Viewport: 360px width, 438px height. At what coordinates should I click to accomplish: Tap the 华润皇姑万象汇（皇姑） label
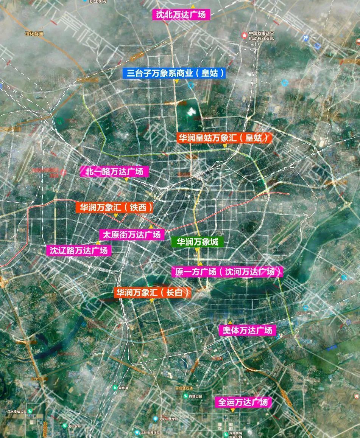click(225, 138)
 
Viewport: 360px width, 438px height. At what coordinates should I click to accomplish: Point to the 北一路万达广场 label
click(115, 172)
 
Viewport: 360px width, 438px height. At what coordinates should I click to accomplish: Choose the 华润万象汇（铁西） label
click(115, 207)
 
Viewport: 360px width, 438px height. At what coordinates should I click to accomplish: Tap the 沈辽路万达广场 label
click(79, 250)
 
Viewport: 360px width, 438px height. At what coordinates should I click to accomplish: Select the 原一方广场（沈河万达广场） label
click(227, 272)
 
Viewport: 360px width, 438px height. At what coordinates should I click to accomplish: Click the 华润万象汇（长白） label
click(152, 292)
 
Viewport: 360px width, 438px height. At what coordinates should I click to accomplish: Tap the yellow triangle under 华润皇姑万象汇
click(225, 146)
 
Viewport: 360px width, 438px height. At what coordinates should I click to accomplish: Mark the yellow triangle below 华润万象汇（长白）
click(151, 301)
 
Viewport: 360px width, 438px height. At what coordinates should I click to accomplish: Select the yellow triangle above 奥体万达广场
click(229, 323)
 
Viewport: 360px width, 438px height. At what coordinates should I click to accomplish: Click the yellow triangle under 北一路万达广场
click(127, 180)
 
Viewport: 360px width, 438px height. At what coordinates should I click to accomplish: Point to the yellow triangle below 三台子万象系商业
click(176, 81)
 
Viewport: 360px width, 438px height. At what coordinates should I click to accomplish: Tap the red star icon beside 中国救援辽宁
click(244, 35)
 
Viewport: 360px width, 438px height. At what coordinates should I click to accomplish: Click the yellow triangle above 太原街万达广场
click(151, 227)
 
